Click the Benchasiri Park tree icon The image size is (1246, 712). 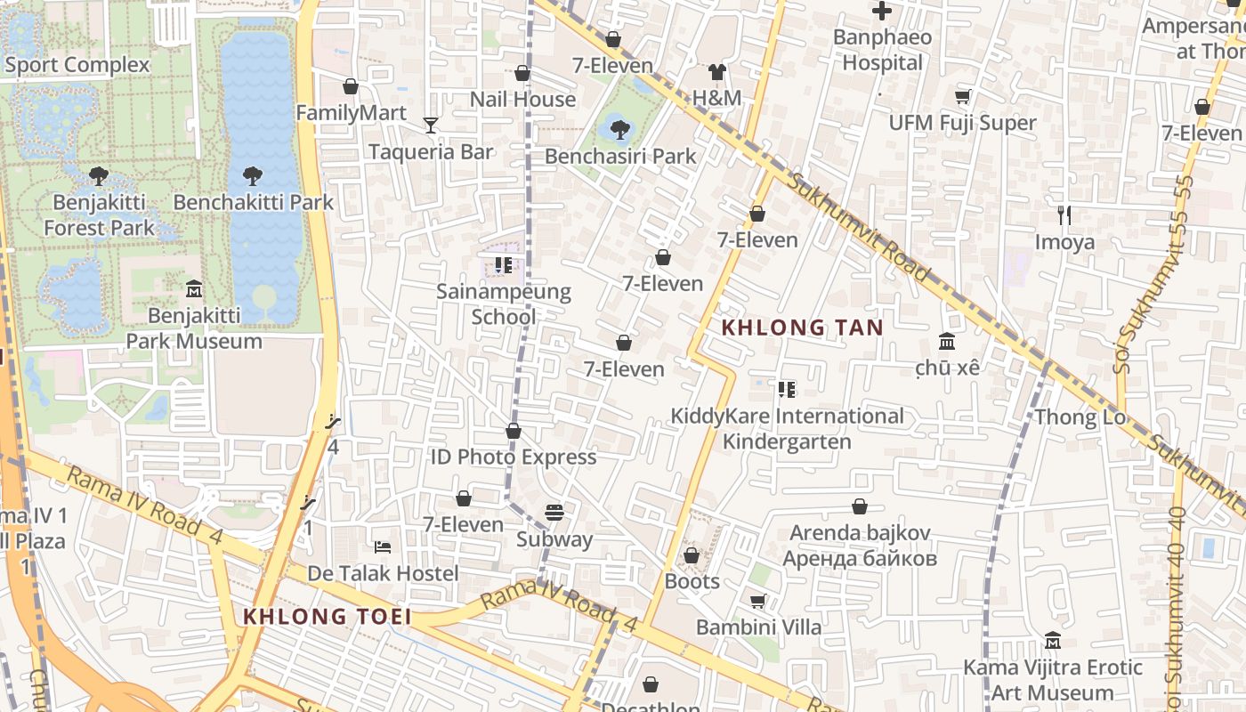click(x=620, y=130)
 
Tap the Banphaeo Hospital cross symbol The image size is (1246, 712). click(x=882, y=12)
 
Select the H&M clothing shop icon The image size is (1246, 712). click(x=717, y=72)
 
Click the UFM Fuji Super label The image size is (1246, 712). click(x=963, y=123)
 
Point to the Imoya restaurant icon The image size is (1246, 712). click(x=1064, y=214)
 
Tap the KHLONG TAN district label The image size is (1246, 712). click(x=802, y=328)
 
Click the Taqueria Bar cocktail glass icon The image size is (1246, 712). click(x=431, y=125)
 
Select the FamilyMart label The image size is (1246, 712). click(x=351, y=113)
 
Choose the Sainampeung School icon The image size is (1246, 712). click(x=504, y=265)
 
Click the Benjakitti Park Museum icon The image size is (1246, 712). click(x=194, y=289)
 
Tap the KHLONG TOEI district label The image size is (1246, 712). click(x=328, y=616)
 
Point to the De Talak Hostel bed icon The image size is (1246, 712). click(x=383, y=546)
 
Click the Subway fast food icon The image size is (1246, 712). click(x=554, y=513)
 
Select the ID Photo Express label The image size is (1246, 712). click(x=514, y=457)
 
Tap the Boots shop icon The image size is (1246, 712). click(x=692, y=555)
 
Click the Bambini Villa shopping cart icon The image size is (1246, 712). click(x=758, y=602)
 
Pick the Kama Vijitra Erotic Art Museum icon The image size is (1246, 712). click(x=1052, y=641)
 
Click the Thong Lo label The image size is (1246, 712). click(x=1080, y=417)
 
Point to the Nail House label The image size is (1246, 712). click(x=522, y=99)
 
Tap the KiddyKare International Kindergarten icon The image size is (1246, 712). click(x=786, y=389)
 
